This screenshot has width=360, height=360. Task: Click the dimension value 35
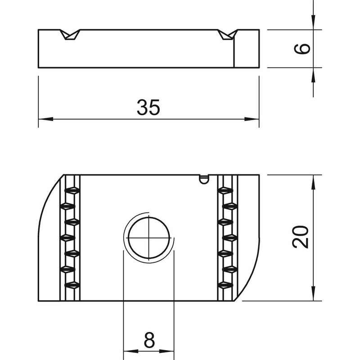click(148, 107)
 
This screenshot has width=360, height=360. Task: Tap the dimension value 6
click(302, 49)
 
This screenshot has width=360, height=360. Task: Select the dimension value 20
click(301, 237)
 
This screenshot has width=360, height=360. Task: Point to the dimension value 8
click(149, 340)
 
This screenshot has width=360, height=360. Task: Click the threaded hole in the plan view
click(149, 238)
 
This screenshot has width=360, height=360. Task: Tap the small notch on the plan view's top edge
click(204, 179)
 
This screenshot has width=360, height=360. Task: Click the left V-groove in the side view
click(70, 35)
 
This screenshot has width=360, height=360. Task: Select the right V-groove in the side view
click(228, 35)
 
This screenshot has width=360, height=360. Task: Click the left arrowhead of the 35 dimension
click(46, 119)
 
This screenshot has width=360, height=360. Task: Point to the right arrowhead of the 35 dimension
click(252, 119)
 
